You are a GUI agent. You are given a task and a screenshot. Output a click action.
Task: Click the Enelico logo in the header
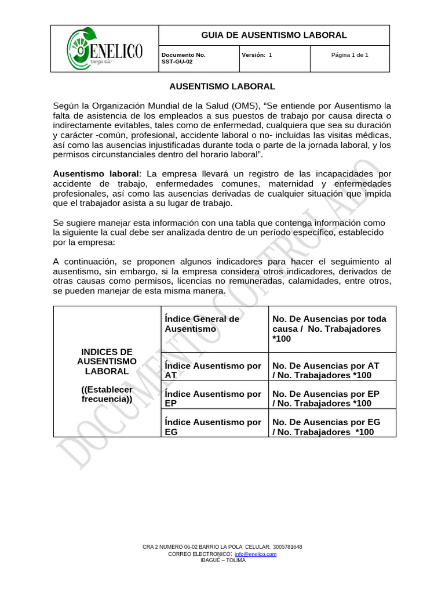click(x=104, y=48)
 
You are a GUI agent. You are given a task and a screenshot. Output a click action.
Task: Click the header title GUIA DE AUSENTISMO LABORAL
click(x=273, y=35)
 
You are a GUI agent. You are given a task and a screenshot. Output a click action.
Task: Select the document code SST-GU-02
click(x=177, y=61)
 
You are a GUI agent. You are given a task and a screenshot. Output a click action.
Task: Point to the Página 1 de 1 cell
click(x=349, y=55)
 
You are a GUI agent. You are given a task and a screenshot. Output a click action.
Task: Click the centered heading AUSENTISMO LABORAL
click(x=222, y=86)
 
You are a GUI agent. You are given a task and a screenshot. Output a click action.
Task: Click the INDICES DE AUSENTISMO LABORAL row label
click(x=107, y=361)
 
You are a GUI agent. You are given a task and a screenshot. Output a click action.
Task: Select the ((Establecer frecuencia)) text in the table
click(x=107, y=394)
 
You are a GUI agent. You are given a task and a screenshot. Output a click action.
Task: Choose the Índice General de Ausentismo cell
click(x=202, y=324)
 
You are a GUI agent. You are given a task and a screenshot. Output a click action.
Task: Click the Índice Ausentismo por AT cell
click(x=213, y=371)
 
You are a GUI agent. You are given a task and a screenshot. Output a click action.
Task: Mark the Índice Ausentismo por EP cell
click(x=213, y=399)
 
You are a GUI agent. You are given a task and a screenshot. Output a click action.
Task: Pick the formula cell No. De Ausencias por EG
click(x=326, y=427)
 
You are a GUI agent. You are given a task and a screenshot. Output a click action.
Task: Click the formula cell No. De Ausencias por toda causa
click(x=329, y=328)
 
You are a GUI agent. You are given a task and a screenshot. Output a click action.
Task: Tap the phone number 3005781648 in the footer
click(x=287, y=547)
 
